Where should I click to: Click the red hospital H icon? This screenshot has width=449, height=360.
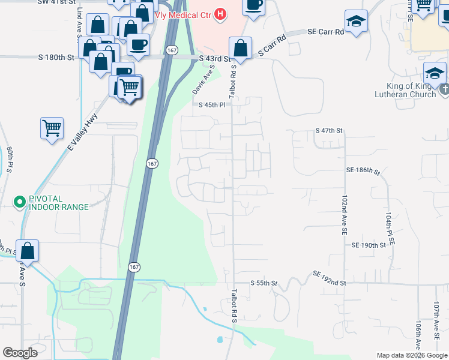coord(220,13)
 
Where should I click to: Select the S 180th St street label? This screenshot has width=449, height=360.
coord(56,58)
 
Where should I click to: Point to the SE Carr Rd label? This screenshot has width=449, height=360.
coord(325,31)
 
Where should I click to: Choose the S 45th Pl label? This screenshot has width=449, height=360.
coord(211,104)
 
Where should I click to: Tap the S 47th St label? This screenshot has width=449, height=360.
coord(328,130)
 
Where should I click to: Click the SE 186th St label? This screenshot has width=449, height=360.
coord(363,172)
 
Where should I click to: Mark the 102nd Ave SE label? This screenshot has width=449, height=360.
coord(344,214)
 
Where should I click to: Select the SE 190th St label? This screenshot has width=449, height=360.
coord(368,245)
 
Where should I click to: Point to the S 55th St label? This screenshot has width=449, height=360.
coord(264,283)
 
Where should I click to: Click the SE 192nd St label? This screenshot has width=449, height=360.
coord(330,278)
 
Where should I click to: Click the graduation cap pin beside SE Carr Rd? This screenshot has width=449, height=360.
coord(356,22)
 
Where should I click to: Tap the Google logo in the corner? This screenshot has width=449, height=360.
coord(20,353)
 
